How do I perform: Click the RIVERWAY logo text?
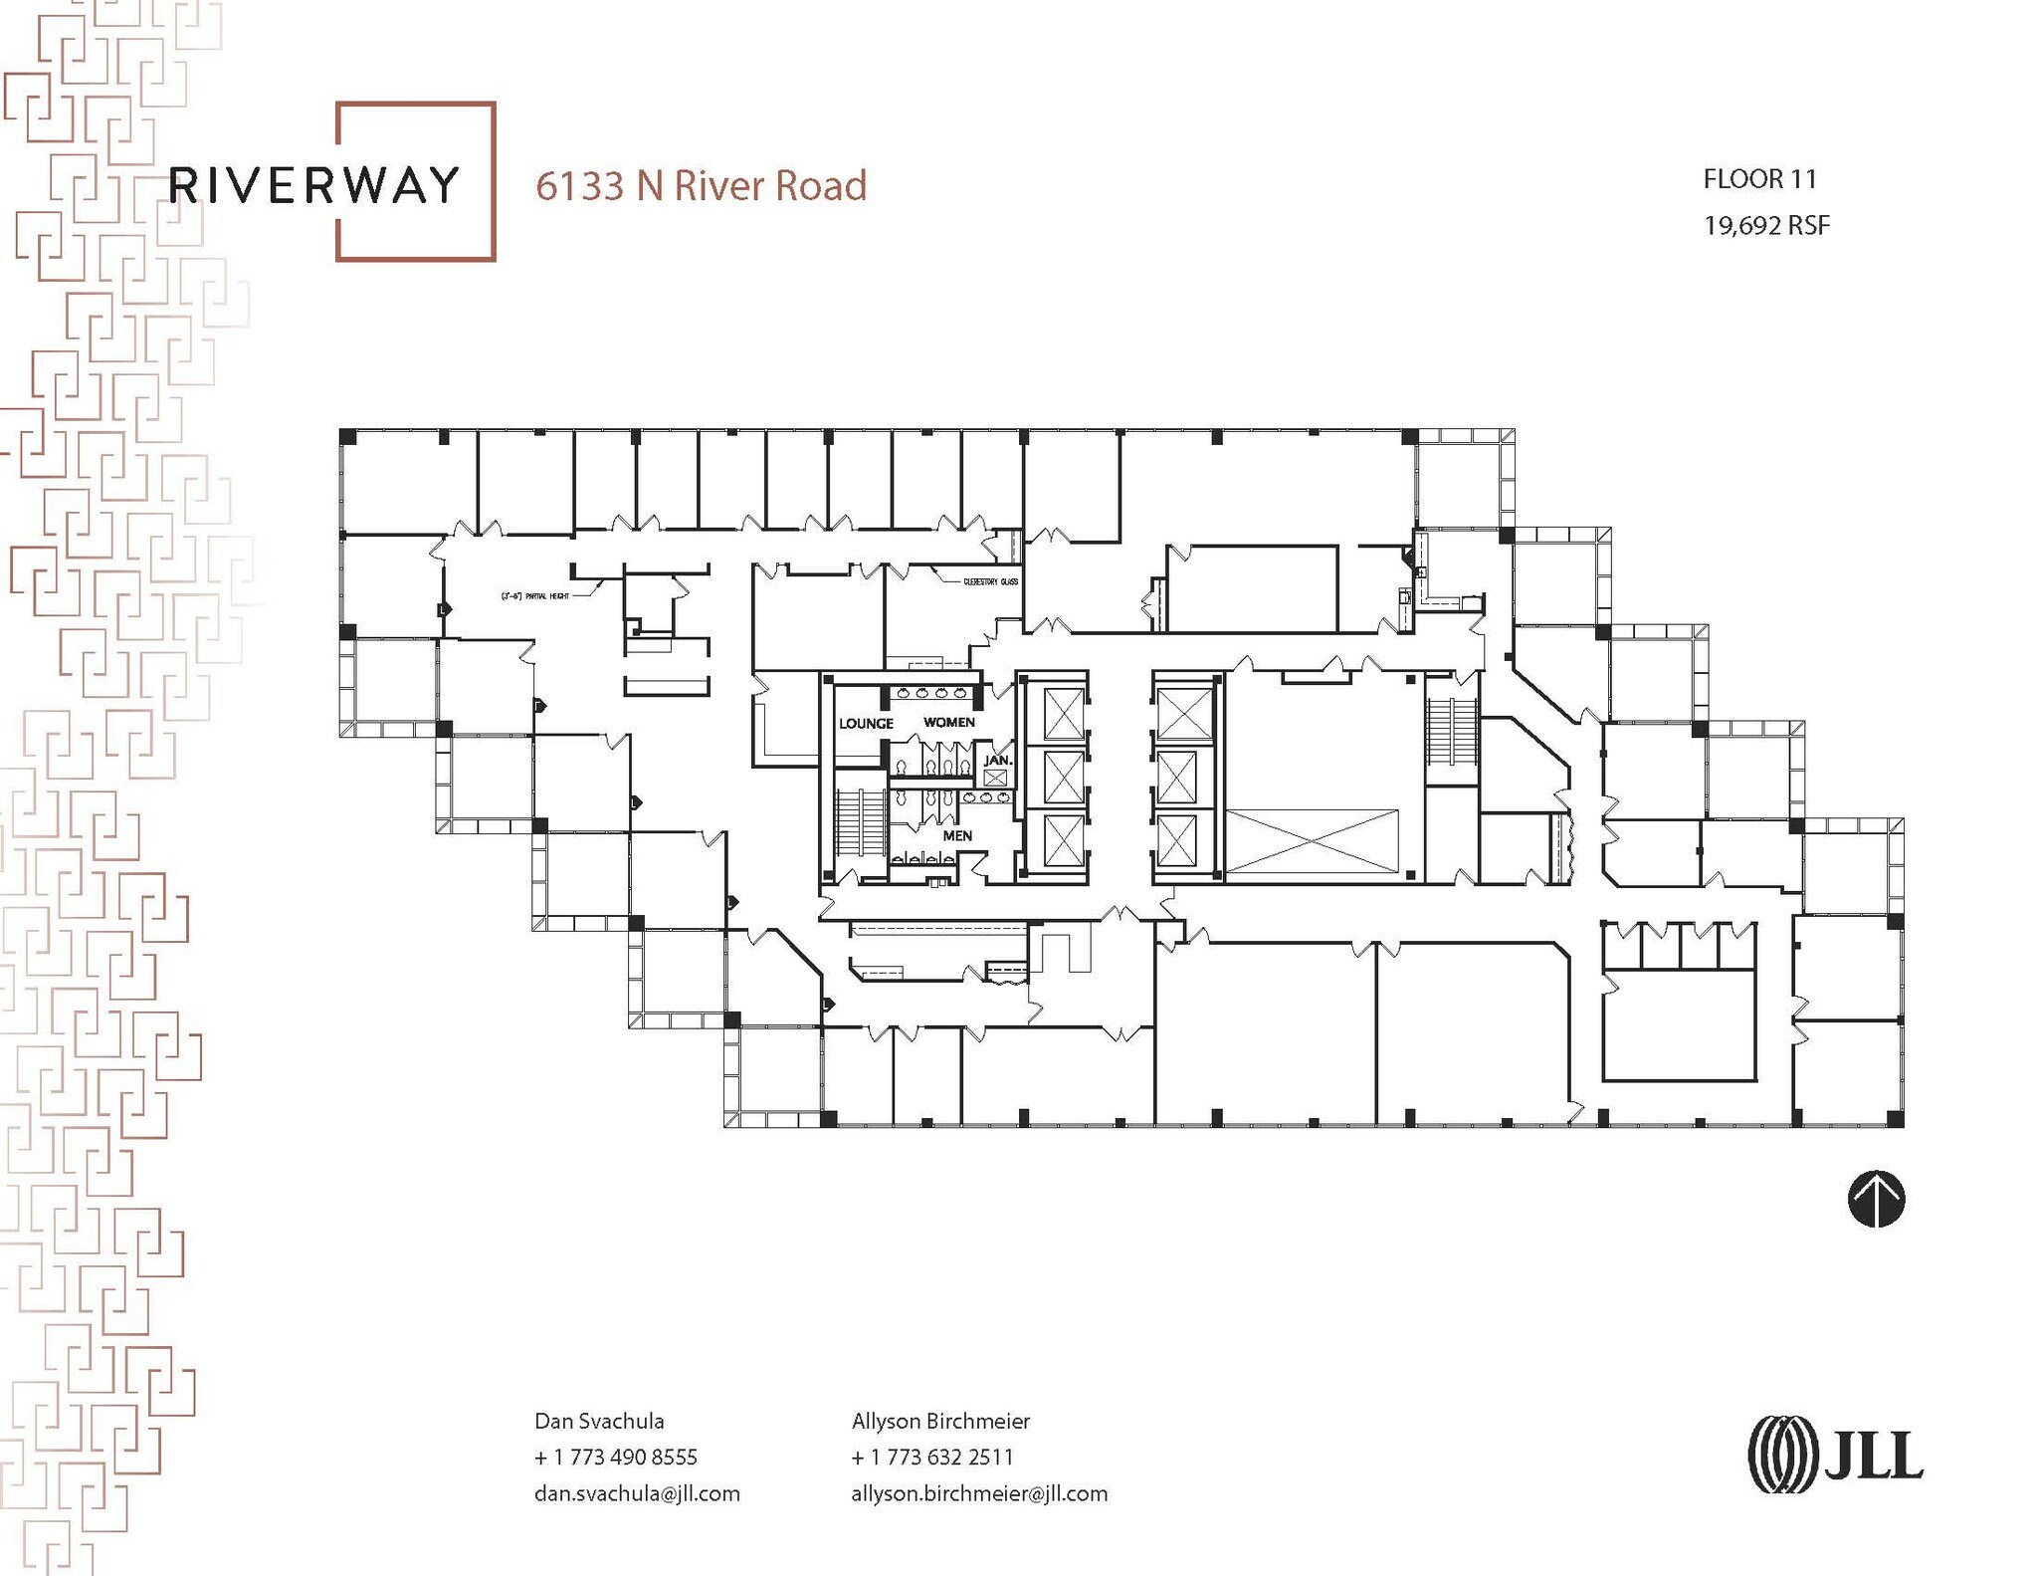click(x=314, y=185)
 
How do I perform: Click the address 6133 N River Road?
click(x=701, y=186)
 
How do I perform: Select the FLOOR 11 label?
click(x=1759, y=179)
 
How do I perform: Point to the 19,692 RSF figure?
click(x=1766, y=226)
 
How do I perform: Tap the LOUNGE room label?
click(x=866, y=724)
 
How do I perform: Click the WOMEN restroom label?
click(x=948, y=722)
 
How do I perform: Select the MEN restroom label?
click(x=957, y=835)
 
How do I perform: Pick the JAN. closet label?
click(x=997, y=761)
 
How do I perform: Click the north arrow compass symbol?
click(x=1876, y=1199)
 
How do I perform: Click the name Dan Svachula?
click(x=599, y=1421)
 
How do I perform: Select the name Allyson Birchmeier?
click(x=940, y=1421)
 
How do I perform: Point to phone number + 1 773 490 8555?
click(x=616, y=1457)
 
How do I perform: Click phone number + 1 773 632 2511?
click(x=932, y=1457)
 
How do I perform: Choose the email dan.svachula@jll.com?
click(x=637, y=1493)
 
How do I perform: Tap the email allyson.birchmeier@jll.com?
click(x=979, y=1493)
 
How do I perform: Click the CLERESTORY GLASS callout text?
click(x=990, y=581)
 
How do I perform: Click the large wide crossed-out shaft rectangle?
click(x=1312, y=842)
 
